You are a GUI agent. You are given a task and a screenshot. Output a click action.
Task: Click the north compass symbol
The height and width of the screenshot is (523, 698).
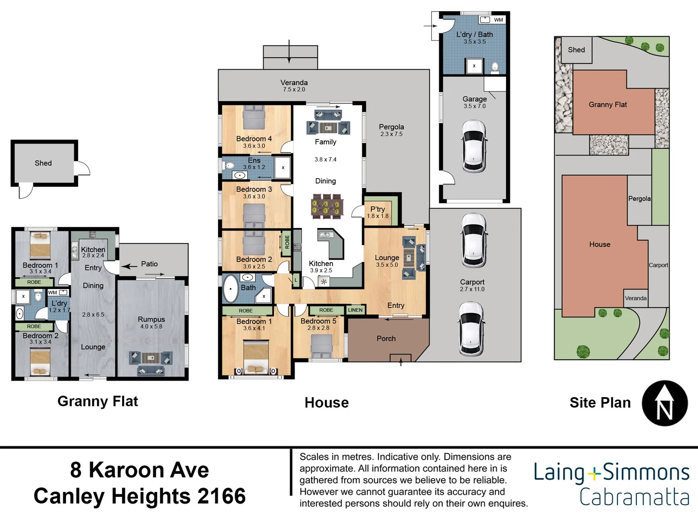(665, 403)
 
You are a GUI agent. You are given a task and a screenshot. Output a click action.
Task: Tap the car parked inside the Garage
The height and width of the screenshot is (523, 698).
(474, 146)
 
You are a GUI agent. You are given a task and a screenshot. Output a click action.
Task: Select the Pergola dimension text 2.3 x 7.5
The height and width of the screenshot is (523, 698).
(391, 134)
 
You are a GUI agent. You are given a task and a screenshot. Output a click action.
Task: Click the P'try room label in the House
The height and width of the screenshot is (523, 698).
(378, 209)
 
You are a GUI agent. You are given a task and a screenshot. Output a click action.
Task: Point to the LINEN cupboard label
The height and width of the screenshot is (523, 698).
(355, 310)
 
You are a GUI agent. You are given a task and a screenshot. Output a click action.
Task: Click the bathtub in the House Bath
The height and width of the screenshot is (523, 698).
(231, 289)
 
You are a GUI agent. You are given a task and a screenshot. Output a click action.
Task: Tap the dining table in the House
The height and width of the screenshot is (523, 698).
(327, 206)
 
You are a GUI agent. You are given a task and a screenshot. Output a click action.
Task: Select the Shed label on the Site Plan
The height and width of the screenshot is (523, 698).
(576, 50)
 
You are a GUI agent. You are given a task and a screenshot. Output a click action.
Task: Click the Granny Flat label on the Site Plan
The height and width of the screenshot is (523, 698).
(607, 105)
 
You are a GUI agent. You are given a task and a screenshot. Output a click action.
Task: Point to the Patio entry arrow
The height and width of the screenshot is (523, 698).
(129, 266)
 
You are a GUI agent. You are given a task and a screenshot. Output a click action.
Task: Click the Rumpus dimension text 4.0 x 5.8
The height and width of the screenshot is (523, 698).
(151, 326)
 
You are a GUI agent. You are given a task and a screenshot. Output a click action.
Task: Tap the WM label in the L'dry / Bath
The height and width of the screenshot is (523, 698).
(498, 20)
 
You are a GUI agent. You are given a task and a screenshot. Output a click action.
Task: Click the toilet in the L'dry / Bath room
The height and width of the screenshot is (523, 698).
(495, 66)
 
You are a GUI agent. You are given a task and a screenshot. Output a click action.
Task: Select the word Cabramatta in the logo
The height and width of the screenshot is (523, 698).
(634, 497)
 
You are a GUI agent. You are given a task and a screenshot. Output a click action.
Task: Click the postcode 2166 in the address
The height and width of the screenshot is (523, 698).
(222, 496)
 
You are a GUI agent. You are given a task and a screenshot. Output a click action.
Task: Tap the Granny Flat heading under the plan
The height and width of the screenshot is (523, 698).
(97, 401)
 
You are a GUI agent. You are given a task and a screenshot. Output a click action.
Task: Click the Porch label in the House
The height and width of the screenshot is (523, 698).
(386, 338)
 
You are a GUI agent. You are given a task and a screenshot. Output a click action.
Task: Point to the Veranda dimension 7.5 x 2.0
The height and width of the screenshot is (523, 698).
(294, 90)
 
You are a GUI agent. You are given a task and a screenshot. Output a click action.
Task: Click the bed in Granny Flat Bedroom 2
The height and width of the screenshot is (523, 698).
(40, 363)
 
